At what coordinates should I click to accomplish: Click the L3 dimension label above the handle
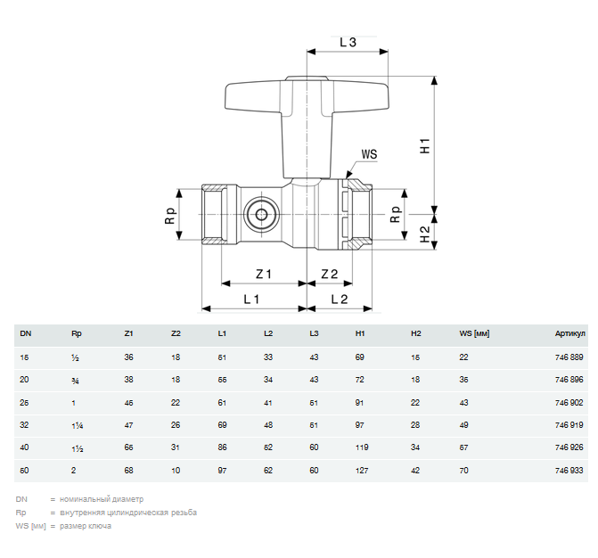click(348, 42)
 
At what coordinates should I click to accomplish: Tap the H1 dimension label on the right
click(425, 145)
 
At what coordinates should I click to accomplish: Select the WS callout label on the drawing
click(368, 154)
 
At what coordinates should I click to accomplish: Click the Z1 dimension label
click(263, 273)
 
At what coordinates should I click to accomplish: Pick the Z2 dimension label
click(330, 273)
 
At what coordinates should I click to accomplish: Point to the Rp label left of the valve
click(171, 216)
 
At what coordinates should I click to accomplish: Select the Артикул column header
click(569, 334)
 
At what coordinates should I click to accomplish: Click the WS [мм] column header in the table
click(475, 334)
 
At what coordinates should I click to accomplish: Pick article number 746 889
click(569, 357)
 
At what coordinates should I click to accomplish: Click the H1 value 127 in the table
click(362, 469)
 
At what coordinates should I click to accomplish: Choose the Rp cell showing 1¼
click(78, 424)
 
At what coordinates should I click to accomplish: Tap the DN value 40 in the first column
click(25, 447)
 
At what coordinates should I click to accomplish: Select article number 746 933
click(569, 469)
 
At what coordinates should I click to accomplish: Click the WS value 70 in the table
click(463, 469)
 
